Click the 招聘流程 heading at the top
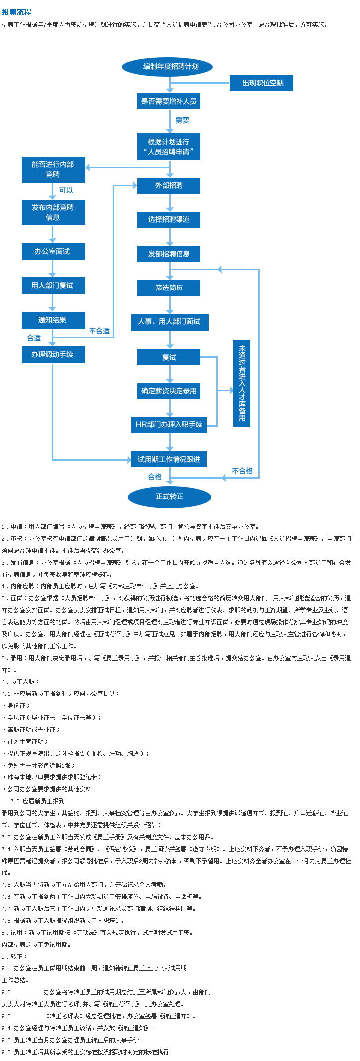tap(16, 12)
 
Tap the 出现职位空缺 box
tap(262, 83)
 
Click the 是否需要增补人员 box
tap(169, 101)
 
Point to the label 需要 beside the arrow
tap(182, 121)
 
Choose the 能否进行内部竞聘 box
tap(53, 170)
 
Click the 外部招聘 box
tap(169, 186)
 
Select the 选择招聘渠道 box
tap(169, 219)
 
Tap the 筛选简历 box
tap(169, 288)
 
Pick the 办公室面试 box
tap(53, 251)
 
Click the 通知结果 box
tap(53, 320)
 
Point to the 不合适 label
tap(99, 331)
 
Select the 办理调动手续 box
tap(53, 354)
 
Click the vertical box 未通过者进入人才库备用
tap(242, 383)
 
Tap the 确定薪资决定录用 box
tap(169, 391)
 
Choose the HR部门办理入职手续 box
tap(169, 424)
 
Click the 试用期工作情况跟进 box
tap(169, 459)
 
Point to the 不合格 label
tap(242, 471)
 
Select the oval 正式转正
tap(170, 496)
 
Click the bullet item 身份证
tap(18, 705)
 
